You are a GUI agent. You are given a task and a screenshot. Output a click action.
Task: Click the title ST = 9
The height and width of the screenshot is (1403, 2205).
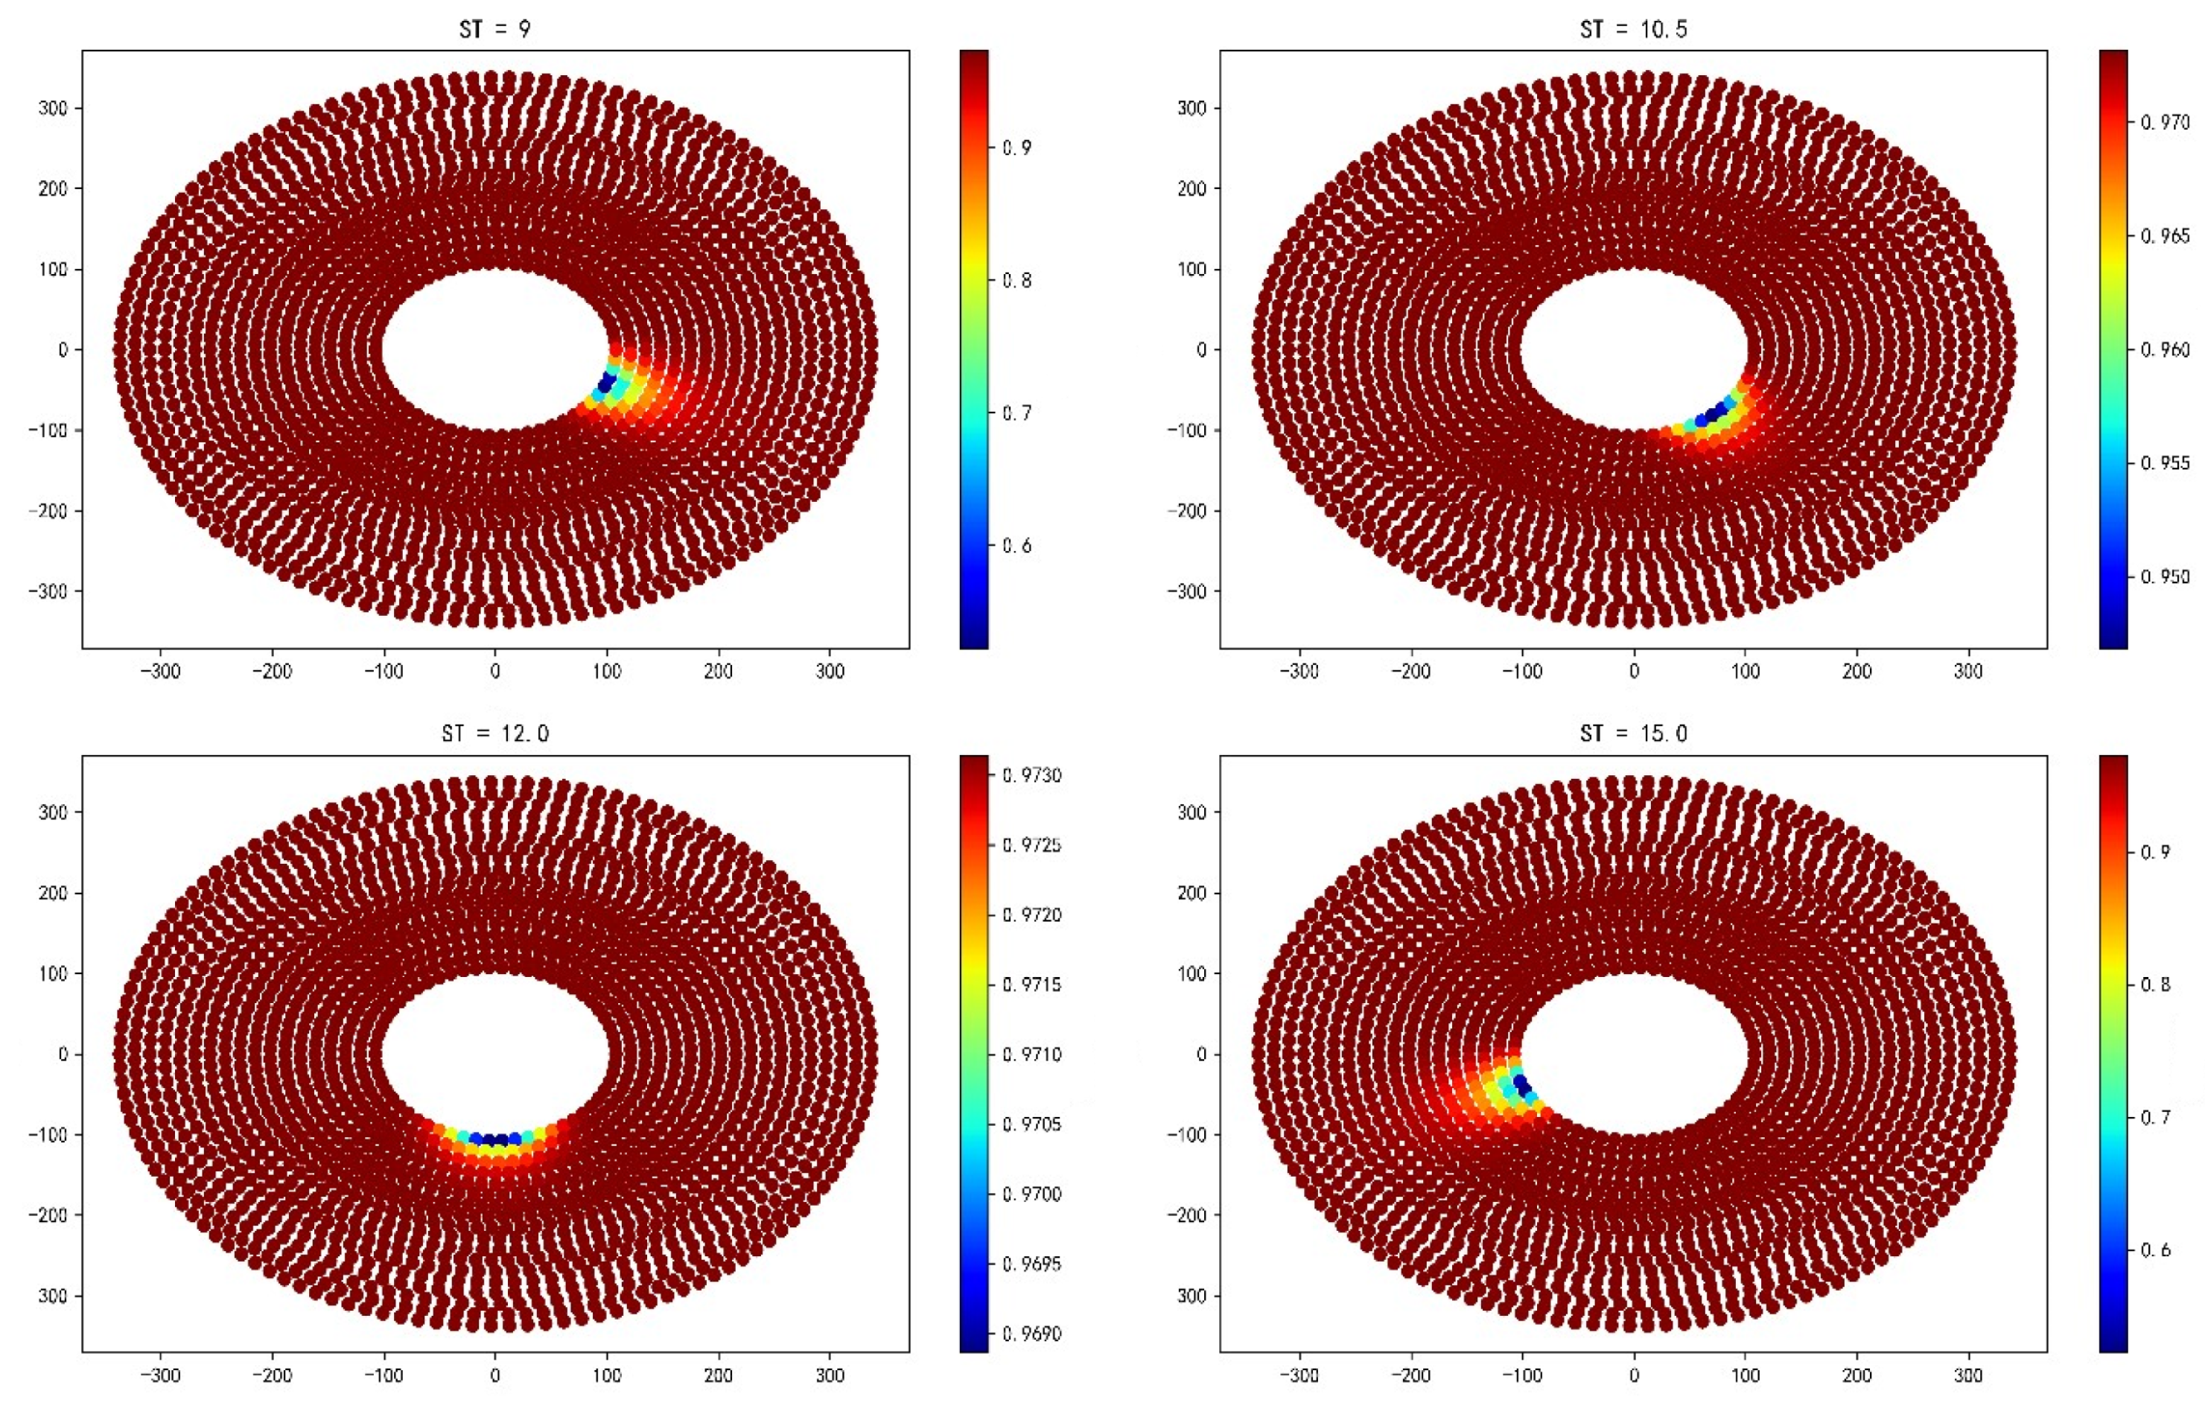pos(494,29)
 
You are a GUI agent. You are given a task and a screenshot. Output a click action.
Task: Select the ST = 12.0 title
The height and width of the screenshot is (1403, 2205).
pos(494,734)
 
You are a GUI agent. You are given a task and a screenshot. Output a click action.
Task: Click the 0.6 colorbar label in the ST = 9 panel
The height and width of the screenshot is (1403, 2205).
pos(1016,546)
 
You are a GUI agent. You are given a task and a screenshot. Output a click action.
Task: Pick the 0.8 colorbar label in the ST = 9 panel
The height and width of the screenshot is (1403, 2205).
pos(1016,280)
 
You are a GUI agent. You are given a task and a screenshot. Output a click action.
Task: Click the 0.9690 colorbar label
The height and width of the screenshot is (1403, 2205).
pos(1032,1334)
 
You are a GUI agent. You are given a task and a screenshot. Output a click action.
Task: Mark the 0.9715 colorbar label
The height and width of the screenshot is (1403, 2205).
pos(1032,984)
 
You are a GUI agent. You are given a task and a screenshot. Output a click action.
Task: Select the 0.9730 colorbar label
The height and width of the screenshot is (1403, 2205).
pos(1032,776)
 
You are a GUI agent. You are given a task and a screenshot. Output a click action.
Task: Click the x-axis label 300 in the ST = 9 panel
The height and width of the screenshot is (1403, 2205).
pos(830,671)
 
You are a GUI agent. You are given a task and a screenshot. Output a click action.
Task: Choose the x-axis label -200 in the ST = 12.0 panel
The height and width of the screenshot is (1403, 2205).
pos(271,1375)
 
